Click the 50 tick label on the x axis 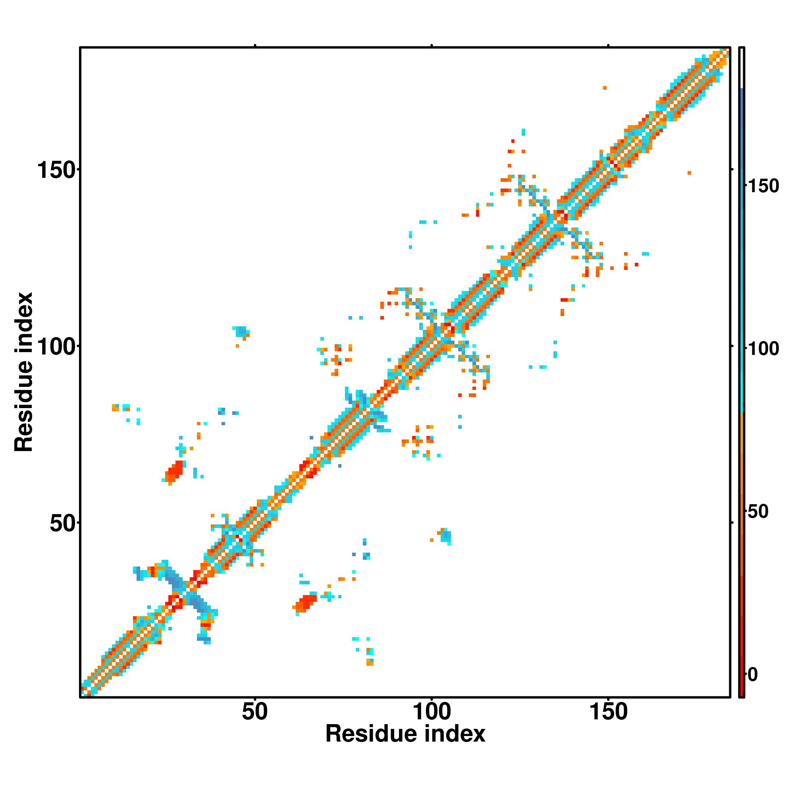click(x=254, y=711)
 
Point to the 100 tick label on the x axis click(x=432, y=711)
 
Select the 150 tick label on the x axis click(x=608, y=711)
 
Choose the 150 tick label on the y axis click(x=57, y=170)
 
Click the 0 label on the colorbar click(x=752, y=675)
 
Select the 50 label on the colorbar click(x=757, y=512)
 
